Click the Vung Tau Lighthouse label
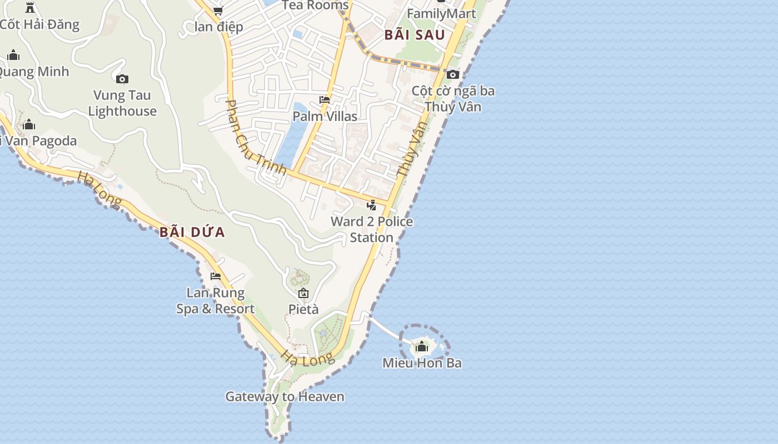(122, 103)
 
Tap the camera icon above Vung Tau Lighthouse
(122, 79)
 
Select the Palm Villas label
(325, 117)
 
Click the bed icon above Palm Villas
(325, 100)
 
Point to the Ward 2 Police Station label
(372, 229)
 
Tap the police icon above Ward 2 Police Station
(372, 205)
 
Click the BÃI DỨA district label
(192, 232)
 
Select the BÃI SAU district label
(415, 35)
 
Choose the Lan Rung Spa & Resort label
(216, 301)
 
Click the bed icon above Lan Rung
(216, 276)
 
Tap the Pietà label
(303, 309)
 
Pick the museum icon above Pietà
(303, 293)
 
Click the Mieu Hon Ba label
(422, 363)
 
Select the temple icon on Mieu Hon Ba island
(422, 347)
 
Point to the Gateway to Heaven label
(285, 397)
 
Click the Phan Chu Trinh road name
(256, 138)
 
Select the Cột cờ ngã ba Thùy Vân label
(453, 99)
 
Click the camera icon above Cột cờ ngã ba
(453, 74)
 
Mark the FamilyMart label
(442, 14)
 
